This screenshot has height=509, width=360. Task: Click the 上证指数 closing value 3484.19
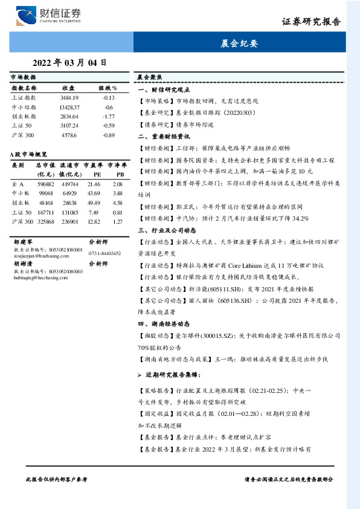coord(69,97)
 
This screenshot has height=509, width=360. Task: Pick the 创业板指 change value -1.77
coord(109,116)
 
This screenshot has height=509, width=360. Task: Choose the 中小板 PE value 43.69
coord(94,193)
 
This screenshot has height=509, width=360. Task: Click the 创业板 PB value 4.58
coord(118,203)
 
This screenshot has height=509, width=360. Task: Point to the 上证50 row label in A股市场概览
coord(22,212)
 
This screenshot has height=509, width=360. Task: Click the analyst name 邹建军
coord(24,241)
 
